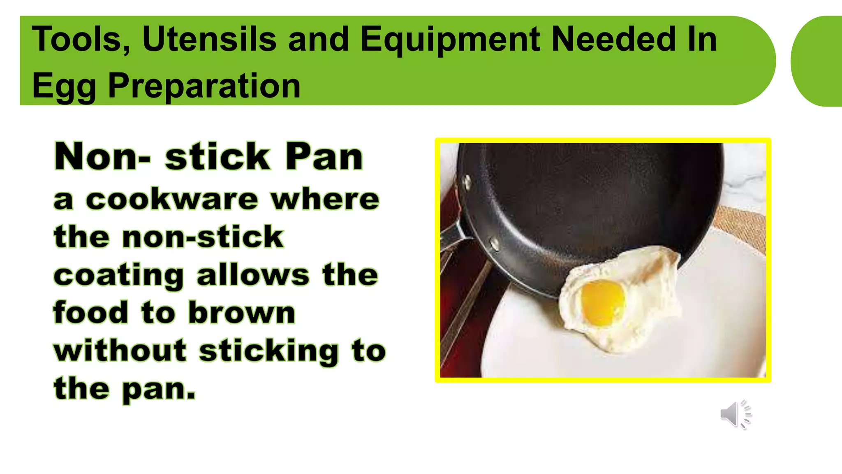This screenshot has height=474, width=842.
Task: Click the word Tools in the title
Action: tap(81, 39)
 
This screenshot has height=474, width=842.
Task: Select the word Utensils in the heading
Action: tap(209, 39)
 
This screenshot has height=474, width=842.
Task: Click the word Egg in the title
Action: tap(64, 86)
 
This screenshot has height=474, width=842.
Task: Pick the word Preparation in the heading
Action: tap(204, 86)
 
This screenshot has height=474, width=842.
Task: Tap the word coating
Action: tap(118, 276)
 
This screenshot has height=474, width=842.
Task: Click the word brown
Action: tap(242, 313)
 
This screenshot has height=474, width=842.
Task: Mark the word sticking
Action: tap(269, 351)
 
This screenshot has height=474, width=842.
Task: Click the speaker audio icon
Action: tap(735, 414)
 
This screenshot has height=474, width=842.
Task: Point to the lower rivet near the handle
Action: tap(495, 244)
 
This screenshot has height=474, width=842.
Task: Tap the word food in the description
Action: tap(90, 313)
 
